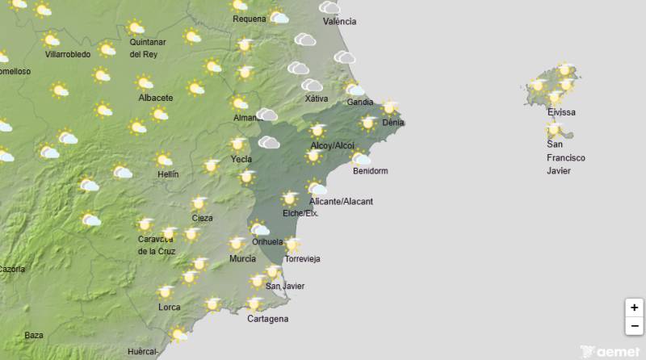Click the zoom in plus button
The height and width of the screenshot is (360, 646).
635,308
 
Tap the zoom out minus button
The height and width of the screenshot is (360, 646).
635,326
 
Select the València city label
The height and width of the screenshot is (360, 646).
339,22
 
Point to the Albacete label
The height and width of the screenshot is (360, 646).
156,98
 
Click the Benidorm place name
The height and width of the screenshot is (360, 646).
371,171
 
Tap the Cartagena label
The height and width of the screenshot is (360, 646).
267,319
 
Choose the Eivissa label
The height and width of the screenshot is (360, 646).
561,113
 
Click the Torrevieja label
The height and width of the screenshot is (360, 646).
302,259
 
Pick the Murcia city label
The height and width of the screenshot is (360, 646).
242,259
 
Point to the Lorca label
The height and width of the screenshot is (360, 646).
170,308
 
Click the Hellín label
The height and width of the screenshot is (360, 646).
168,174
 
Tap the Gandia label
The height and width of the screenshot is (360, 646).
359,103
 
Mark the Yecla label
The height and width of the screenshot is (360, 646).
241,160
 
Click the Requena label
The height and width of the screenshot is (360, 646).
249,19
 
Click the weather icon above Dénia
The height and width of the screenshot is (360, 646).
390,107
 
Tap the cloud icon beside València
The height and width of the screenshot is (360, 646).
329,7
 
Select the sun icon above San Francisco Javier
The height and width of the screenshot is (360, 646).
554,128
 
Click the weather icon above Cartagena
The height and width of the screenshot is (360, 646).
255,304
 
